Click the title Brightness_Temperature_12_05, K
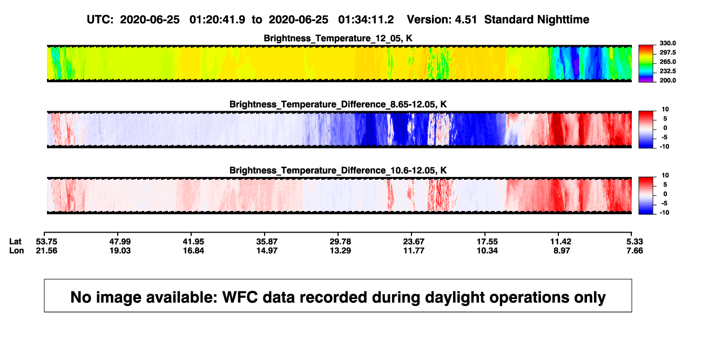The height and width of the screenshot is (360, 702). point(338,38)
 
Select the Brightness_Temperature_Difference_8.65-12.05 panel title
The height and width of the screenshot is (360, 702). point(338,104)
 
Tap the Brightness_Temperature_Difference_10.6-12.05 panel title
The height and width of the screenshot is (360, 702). point(338,171)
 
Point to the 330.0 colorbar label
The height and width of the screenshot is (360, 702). point(667,43)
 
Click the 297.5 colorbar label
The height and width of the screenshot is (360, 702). point(667,52)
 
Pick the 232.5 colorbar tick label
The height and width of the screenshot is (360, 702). point(667,71)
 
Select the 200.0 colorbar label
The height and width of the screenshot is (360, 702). point(667,80)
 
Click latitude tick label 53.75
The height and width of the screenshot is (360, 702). point(46,242)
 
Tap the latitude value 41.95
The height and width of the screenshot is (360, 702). point(193,242)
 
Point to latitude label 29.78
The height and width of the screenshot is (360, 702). point(340,242)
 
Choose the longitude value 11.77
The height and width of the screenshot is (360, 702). point(414,250)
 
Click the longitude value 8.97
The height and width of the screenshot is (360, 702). point(562,250)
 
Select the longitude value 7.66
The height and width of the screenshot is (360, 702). point(634,250)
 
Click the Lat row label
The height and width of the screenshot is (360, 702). point(15,242)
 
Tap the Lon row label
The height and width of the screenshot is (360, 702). point(17,250)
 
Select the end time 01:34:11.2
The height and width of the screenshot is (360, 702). point(366,19)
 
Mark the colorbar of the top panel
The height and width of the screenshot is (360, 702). point(646,64)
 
